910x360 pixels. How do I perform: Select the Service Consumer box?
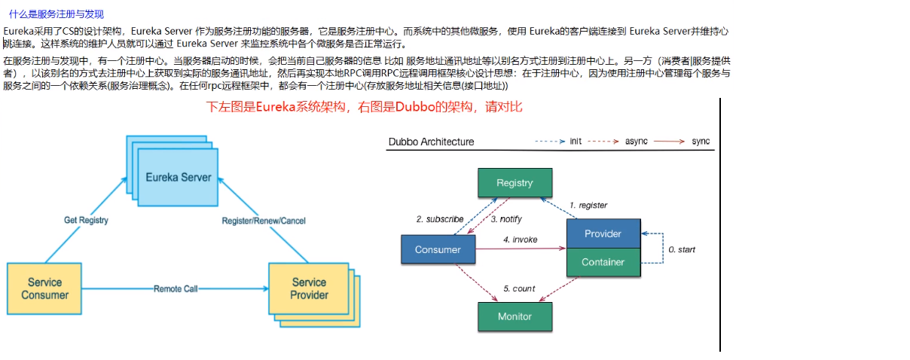[x=44, y=288]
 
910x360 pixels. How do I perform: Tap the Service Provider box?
[x=309, y=288]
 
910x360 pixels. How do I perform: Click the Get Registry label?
[x=86, y=221]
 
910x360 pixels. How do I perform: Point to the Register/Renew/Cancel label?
[x=264, y=221]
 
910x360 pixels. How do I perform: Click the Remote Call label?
[x=176, y=288]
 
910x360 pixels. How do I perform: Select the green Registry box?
[x=515, y=183]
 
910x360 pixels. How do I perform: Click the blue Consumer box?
[x=438, y=249]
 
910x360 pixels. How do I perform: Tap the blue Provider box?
[x=603, y=233]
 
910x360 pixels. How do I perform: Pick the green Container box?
[x=603, y=262]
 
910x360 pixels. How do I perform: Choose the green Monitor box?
[x=515, y=316]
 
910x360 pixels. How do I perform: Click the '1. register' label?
[x=588, y=206]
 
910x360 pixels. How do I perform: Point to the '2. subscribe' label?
[x=440, y=219]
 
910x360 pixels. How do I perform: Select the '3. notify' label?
[x=506, y=219]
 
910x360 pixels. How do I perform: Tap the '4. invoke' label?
[x=521, y=239]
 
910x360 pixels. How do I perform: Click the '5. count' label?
[x=518, y=288]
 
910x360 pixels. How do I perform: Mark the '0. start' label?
[x=682, y=249]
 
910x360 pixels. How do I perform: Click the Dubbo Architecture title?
[x=431, y=142]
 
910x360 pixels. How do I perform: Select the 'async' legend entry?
[x=637, y=142]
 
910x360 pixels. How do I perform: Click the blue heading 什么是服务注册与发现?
[x=56, y=14]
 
